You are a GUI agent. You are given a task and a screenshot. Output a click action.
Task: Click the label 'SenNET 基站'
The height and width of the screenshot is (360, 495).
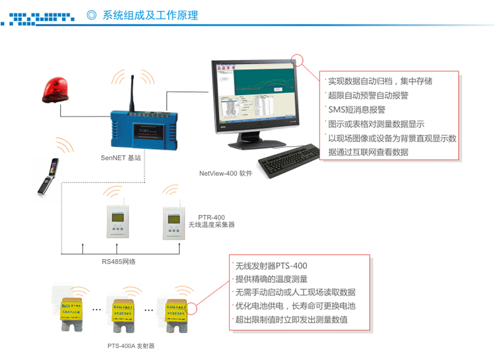click(x=121, y=158)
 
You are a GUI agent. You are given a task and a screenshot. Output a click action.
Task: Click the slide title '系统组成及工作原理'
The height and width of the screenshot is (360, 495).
click(x=150, y=15)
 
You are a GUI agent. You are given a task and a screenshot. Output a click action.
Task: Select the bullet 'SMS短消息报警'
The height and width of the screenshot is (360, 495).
click(x=356, y=109)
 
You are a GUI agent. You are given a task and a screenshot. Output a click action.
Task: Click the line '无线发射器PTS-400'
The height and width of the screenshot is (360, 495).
click(x=271, y=266)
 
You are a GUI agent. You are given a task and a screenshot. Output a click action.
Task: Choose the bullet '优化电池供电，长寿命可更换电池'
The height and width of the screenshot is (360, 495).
click(x=295, y=306)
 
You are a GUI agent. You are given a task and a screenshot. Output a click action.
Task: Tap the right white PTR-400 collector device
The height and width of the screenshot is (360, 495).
click(x=174, y=222)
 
